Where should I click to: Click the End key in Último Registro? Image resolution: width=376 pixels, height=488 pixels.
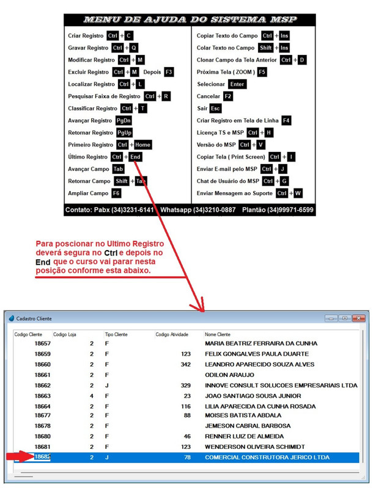136,157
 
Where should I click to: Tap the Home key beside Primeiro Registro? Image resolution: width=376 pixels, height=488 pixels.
142,145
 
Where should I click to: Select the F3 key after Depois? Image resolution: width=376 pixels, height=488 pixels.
169,72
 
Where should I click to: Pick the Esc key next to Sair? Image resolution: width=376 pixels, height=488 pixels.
215,109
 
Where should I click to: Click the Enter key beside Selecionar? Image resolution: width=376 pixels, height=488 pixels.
237,84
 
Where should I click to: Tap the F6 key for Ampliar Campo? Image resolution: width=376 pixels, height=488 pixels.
116,193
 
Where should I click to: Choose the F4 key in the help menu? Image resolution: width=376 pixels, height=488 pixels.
286,121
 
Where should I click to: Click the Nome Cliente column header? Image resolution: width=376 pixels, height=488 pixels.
218,334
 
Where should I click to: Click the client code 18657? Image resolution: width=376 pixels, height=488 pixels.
42,343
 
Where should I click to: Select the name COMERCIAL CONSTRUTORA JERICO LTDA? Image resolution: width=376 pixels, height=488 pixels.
267,457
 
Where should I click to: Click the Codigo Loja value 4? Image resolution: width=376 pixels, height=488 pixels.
92,395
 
